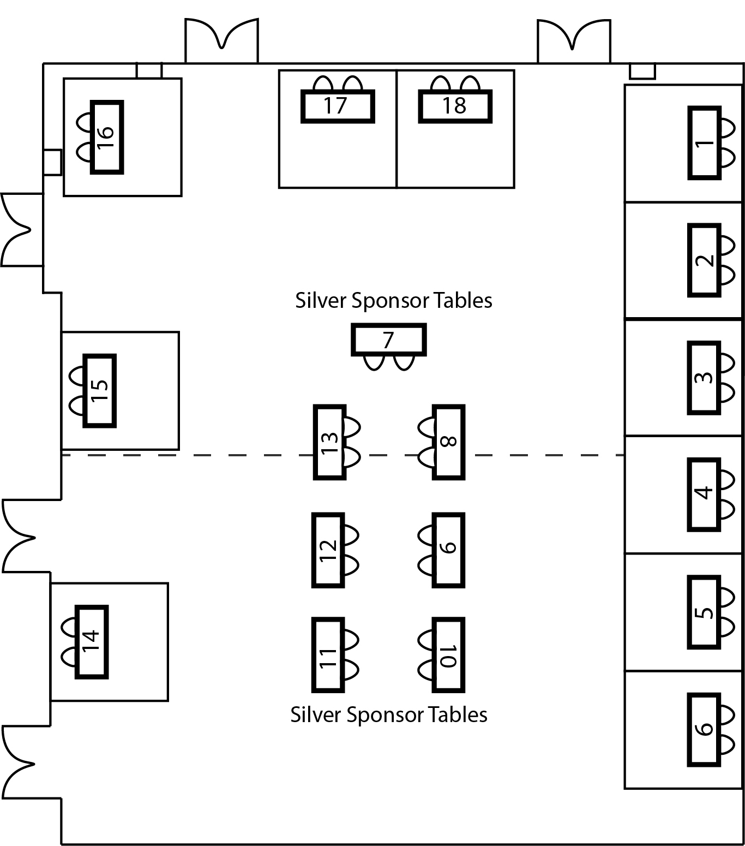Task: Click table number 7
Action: point(388,340)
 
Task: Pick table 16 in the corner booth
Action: point(107,137)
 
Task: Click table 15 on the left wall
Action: point(99,390)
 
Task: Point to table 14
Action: point(91,641)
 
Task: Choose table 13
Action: point(330,442)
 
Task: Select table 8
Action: point(448,442)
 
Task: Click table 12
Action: point(328,550)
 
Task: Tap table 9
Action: point(448,550)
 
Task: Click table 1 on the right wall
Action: point(705,143)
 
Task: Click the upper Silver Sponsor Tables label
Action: point(394,301)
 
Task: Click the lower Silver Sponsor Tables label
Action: point(389,715)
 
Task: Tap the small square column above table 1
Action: point(642,72)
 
